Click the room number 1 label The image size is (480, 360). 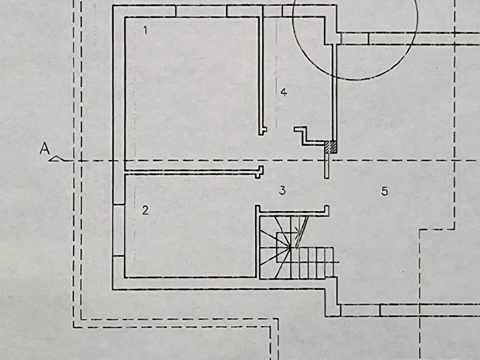click(145, 30)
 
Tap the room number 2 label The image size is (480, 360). click(145, 210)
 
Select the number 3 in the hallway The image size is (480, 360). click(282, 190)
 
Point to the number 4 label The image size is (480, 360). click(284, 92)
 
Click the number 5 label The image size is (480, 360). click(384, 191)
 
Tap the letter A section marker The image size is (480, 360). click(45, 148)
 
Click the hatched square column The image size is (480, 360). click(331, 147)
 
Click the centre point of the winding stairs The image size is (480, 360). click(290, 247)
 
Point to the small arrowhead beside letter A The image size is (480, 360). click(56, 159)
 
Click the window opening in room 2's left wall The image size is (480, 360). click(119, 230)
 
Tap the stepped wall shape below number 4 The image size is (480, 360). click(309, 136)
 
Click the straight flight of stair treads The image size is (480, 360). click(316, 263)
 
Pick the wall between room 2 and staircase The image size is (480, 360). click(257, 242)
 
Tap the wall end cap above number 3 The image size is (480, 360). click(260, 172)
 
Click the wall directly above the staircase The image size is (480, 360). click(292, 210)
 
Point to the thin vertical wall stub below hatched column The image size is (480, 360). click(327, 165)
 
